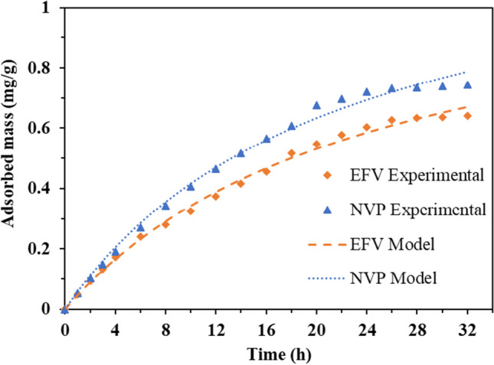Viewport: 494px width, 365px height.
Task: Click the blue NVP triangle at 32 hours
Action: pos(467,85)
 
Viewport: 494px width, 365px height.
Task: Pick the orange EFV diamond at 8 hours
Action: pos(165,224)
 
